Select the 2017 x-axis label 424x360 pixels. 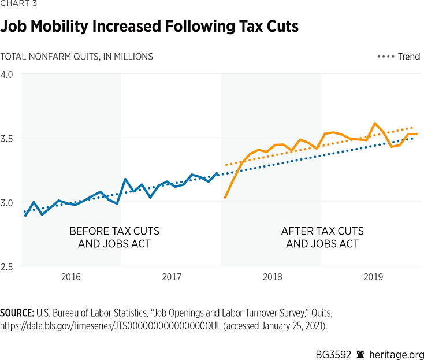[x=172, y=278]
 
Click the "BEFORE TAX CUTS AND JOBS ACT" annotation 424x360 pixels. [x=114, y=237]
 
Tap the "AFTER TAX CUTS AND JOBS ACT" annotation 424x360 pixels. [x=322, y=237]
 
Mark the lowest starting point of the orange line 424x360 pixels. [x=225, y=198]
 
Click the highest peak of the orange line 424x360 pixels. [x=375, y=123]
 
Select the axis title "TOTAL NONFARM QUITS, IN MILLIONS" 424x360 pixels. [x=77, y=57]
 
